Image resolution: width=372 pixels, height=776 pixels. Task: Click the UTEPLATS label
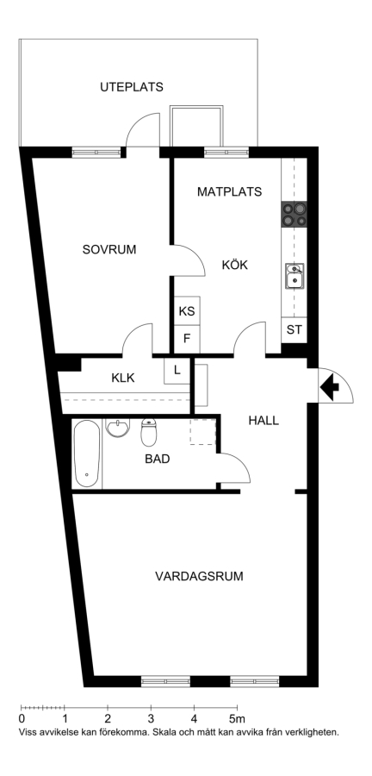click(x=132, y=87)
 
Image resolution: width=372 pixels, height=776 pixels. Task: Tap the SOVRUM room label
click(x=109, y=249)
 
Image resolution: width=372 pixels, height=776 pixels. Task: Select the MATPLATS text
click(x=229, y=191)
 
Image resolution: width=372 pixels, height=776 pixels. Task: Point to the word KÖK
click(x=235, y=265)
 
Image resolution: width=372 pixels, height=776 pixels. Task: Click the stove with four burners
click(x=294, y=215)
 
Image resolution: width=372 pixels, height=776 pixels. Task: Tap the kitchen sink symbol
click(x=294, y=276)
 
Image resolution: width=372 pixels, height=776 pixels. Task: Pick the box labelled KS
click(x=187, y=311)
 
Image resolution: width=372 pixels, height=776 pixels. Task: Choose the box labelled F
click(x=187, y=339)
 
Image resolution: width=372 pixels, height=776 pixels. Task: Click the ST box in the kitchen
click(x=294, y=329)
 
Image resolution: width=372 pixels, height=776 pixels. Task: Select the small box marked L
click(x=177, y=370)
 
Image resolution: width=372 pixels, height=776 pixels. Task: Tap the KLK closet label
click(x=123, y=379)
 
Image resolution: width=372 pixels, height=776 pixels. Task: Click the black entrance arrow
click(x=329, y=386)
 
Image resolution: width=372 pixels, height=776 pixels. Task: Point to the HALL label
click(x=263, y=421)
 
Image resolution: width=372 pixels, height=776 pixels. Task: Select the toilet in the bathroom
click(x=148, y=432)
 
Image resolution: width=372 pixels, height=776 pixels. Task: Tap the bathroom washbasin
click(x=118, y=428)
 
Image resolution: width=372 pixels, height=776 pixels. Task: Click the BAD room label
click(x=157, y=460)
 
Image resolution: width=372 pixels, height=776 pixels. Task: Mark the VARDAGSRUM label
click(x=199, y=577)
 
